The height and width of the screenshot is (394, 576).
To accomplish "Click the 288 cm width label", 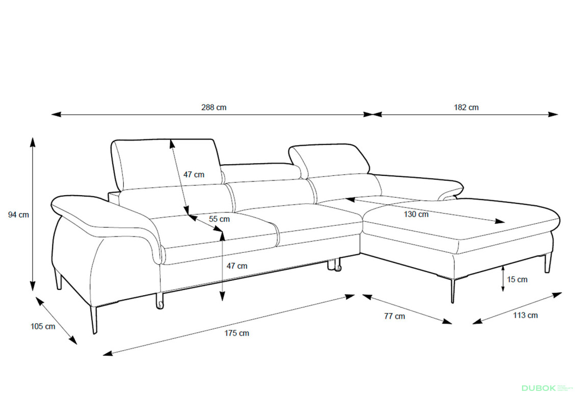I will click(x=214, y=108).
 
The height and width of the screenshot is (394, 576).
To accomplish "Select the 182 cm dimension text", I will click(x=466, y=108).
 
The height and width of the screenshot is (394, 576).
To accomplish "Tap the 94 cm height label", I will click(x=18, y=215).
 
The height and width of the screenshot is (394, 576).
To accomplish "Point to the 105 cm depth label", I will click(x=43, y=326).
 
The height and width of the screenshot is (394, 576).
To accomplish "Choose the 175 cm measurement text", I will click(x=237, y=333).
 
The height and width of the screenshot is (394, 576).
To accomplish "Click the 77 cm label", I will click(x=395, y=316).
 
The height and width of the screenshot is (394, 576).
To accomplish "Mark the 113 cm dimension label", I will click(x=525, y=316).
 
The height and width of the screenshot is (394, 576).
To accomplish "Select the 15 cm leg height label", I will click(x=517, y=279).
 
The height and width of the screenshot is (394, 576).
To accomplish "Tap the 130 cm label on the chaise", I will click(x=416, y=214).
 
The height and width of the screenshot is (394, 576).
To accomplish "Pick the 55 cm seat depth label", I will click(x=219, y=219).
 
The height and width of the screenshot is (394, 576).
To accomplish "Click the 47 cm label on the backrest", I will click(x=194, y=174).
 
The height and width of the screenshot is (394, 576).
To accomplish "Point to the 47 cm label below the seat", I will click(x=237, y=266).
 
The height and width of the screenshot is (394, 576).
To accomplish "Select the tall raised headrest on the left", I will click(x=166, y=163).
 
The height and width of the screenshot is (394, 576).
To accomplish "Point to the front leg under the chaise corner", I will click(x=452, y=291).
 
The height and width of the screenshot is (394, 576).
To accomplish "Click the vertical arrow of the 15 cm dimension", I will click(x=503, y=278).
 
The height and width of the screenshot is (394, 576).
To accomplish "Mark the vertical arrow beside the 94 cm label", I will click(x=33, y=214).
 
